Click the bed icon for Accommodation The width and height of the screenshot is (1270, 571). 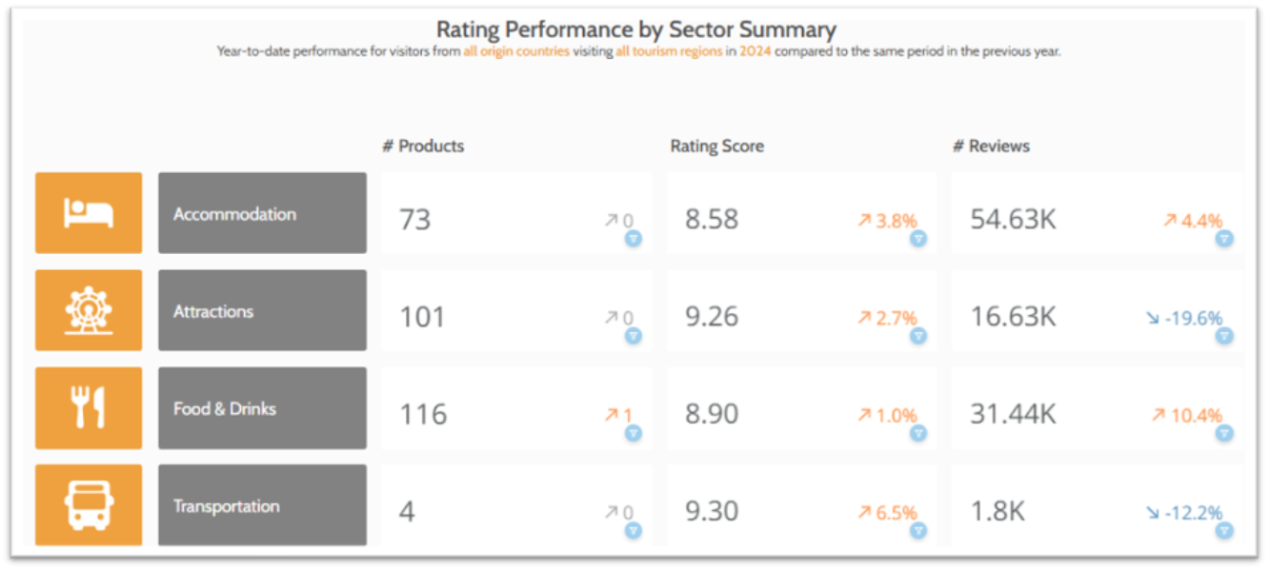pyautogui.click(x=89, y=213)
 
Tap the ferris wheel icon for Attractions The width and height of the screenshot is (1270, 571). pyautogui.click(x=89, y=310)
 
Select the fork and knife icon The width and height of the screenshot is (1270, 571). pyautogui.click(x=89, y=408)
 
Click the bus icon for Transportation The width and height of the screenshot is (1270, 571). pyautogui.click(x=89, y=504)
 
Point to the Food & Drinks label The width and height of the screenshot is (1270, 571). pyautogui.click(x=225, y=408)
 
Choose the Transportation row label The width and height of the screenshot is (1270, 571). pyautogui.click(x=227, y=505)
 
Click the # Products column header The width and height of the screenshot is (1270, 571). pyautogui.click(x=423, y=146)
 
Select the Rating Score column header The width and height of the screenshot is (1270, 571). pyautogui.click(x=716, y=146)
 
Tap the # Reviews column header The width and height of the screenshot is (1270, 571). pyautogui.click(x=991, y=146)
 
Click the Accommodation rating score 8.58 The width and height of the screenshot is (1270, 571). pyautogui.click(x=712, y=219)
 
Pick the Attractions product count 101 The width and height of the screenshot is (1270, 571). pyautogui.click(x=422, y=316)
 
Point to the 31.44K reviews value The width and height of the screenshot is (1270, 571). pyautogui.click(x=1013, y=414)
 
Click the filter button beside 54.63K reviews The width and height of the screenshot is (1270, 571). pyautogui.click(x=1224, y=238)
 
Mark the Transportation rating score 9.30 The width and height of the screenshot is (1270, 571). pyautogui.click(x=712, y=511)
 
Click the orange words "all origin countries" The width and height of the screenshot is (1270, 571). pyautogui.click(x=516, y=51)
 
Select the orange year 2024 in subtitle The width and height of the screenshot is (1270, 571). pyautogui.click(x=755, y=51)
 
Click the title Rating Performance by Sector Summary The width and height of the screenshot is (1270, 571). pyautogui.click(x=635, y=29)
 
